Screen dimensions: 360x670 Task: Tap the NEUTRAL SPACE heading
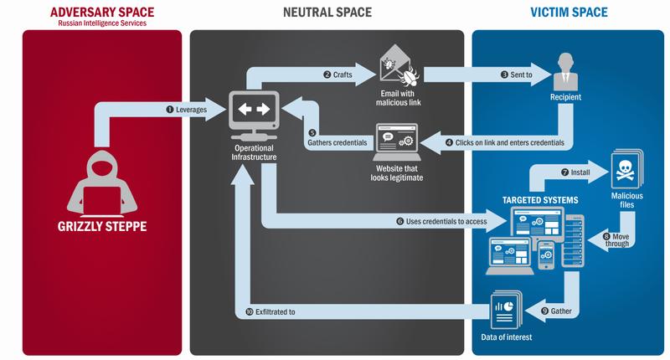(326, 11)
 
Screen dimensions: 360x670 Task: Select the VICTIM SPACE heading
(569, 11)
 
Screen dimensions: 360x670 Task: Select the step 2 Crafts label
(338, 74)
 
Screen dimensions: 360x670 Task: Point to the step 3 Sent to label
(516, 74)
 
